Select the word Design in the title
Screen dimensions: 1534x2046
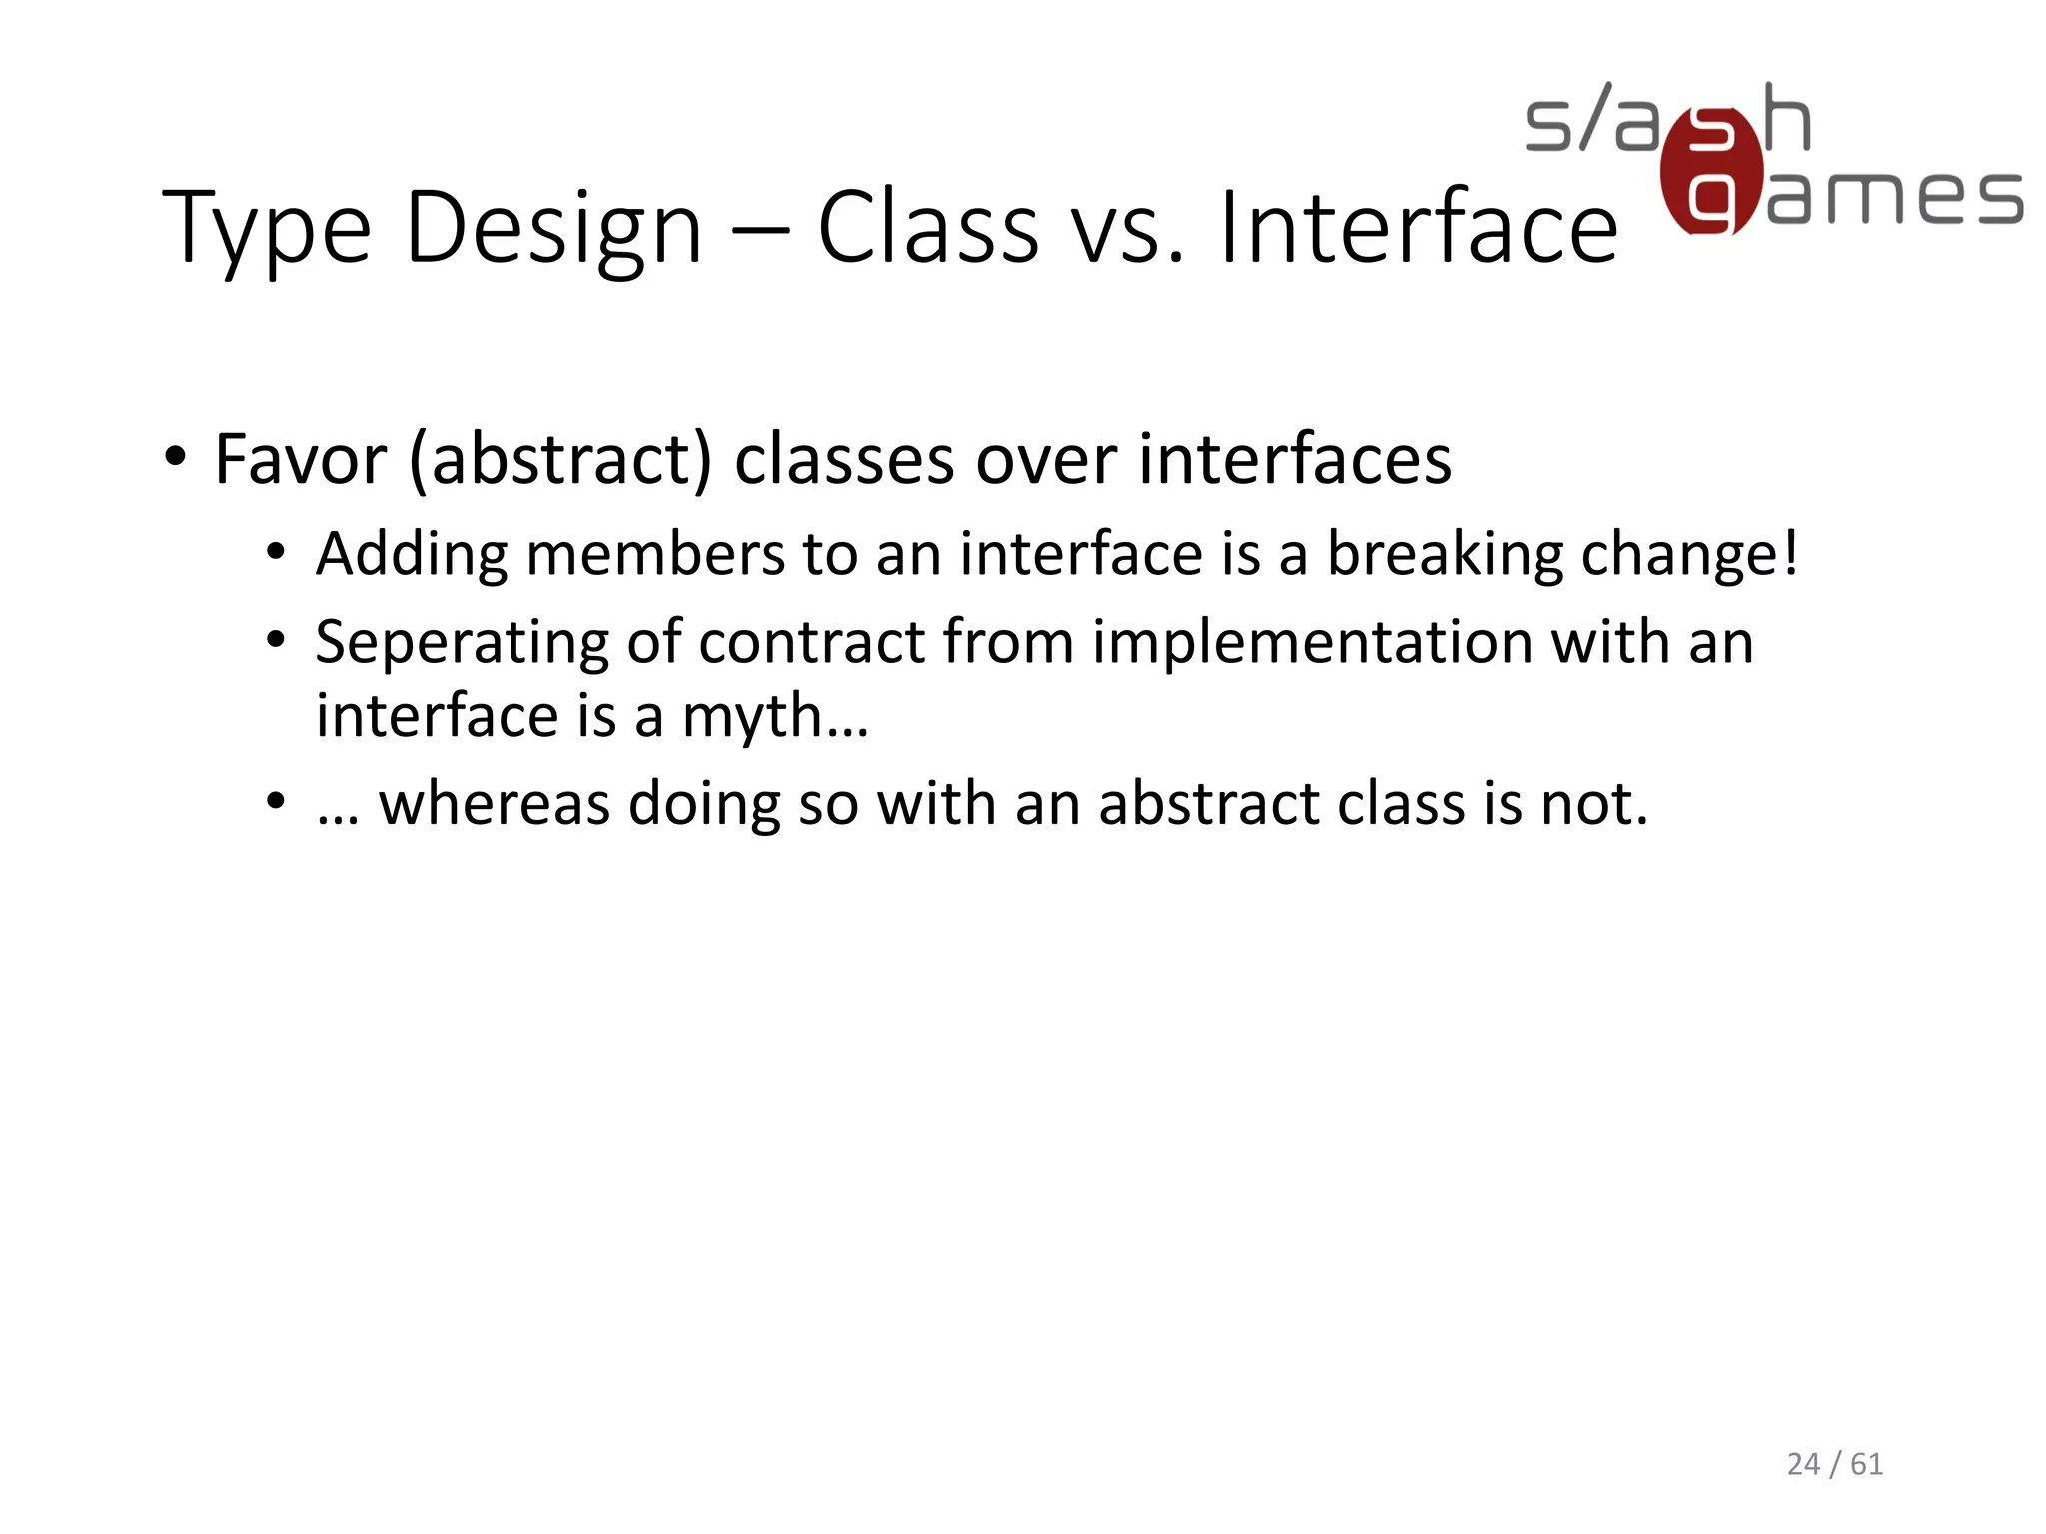click(553, 230)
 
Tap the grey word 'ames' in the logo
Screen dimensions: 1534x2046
click(1894, 196)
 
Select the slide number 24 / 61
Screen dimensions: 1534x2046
click(1834, 1463)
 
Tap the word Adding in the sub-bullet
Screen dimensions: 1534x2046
click(412, 554)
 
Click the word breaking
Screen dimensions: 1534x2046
click(1444, 554)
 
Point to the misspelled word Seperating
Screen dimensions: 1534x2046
click(462, 642)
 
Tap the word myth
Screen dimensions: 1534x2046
click(751, 717)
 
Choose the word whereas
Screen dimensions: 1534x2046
click(494, 803)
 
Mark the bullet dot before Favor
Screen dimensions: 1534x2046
click(176, 459)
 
